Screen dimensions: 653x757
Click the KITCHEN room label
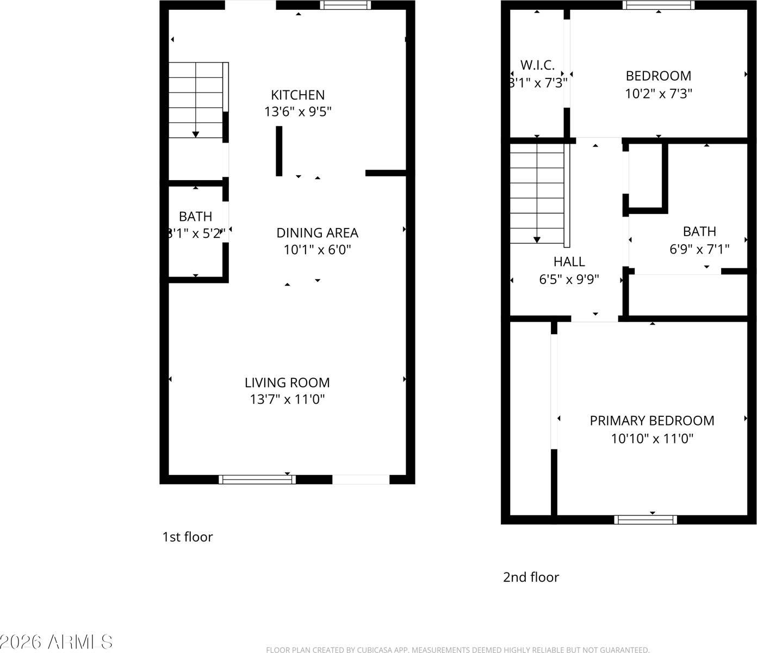pos(297,95)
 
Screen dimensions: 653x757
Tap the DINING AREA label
pos(317,233)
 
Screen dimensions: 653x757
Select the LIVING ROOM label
pos(287,383)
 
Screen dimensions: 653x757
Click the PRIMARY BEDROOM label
pos(652,421)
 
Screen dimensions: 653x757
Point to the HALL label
pos(569,262)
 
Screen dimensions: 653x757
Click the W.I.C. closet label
pos(537,65)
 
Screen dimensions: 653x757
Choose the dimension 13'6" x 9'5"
pos(297,112)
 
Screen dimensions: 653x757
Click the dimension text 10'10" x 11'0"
pos(652,439)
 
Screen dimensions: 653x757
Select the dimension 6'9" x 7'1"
pos(699,249)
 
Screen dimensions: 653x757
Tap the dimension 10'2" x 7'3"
pos(658,94)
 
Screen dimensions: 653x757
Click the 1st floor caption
pos(188,537)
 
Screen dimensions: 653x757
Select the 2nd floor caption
pos(531,577)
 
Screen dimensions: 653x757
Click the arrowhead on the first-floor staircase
pos(195,134)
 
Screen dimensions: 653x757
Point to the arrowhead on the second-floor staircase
pos(537,239)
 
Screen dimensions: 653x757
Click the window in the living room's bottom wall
pos(257,479)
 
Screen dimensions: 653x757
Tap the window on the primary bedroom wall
pos(646,520)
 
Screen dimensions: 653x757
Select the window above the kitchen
pos(345,5)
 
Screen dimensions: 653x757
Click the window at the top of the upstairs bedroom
pos(658,5)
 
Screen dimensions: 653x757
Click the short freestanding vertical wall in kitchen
pos(279,151)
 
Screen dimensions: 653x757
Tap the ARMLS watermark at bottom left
pos(57,642)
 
